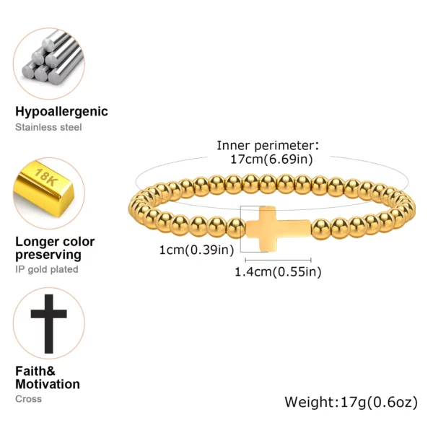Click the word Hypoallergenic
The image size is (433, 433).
pyautogui.click(x=61, y=112)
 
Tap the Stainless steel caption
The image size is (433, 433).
pyautogui.click(x=48, y=127)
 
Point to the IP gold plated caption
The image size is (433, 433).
pyautogui.click(x=47, y=269)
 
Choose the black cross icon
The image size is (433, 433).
pyautogui.click(x=49, y=324)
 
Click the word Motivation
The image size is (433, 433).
pyautogui.click(x=48, y=384)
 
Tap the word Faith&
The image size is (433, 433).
pyautogui.click(x=35, y=371)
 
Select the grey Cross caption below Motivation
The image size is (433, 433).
pyautogui.click(x=28, y=399)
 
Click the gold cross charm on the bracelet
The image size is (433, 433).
pyautogui.click(x=279, y=229)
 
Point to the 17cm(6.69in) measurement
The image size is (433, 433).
pyautogui.click(x=272, y=159)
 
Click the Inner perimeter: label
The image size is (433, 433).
pyautogui.click(x=268, y=146)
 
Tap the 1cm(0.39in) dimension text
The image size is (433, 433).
pyautogui.click(x=196, y=250)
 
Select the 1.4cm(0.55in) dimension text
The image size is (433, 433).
pyautogui.click(x=278, y=272)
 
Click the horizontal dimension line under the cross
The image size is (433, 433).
pyautogui.click(x=279, y=260)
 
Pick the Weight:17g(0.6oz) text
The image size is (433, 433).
pyautogui.click(x=351, y=402)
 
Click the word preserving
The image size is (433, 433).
pyautogui.click(x=48, y=255)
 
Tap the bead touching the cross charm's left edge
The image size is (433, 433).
pyautogui.click(x=235, y=228)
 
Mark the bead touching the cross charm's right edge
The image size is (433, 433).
pyautogui.click(x=321, y=229)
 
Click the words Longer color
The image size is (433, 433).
pyautogui.click(x=55, y=242)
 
